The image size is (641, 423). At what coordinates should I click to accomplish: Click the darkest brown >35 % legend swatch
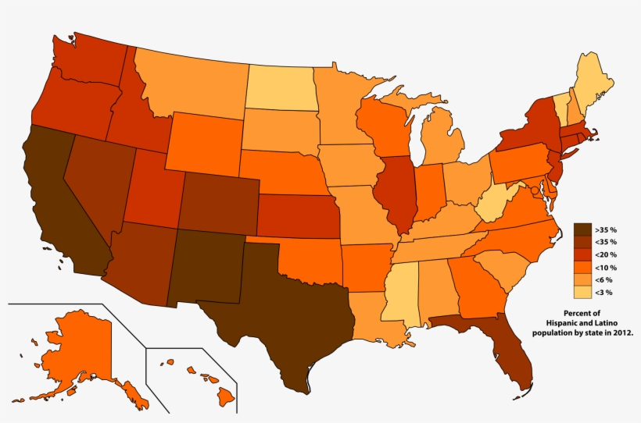click(x=583, y=230)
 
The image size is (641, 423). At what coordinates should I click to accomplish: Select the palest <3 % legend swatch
click(x=583, y=292)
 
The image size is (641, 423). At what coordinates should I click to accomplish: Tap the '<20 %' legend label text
click(x=605, y=255)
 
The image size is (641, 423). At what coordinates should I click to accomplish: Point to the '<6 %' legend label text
click(x=603, y=279)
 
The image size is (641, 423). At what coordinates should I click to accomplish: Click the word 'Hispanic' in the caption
click(x=564, y=322)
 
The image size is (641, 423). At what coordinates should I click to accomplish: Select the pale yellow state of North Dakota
click(x=282, y=88)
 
